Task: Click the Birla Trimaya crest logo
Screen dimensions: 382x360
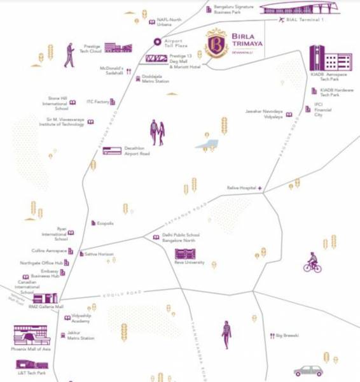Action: tap(216, 43)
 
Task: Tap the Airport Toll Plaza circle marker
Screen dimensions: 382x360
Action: tap(156, 42)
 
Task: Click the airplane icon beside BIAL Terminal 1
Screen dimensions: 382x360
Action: tap(282, 20)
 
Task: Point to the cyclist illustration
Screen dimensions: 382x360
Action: tap(312, 262)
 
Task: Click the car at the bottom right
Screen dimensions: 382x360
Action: tap(308, 371)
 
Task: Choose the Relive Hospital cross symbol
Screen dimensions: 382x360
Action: tap(260, 188)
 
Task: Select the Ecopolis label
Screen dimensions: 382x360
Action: tap(106, 223)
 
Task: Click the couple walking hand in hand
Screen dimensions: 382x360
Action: tap(157, 132)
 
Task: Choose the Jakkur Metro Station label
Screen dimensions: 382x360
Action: tap(81, 336)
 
